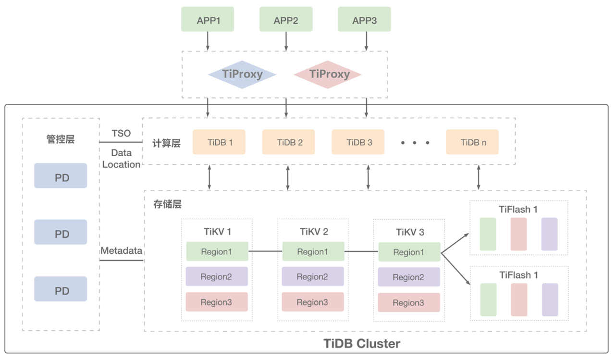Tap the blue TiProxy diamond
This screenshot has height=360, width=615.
[242, 74]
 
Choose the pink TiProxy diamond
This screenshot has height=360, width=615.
[328, 74]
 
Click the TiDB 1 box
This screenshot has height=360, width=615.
[219, 142]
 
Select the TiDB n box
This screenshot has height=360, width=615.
[472, 142]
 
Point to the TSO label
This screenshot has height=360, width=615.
[121, 134]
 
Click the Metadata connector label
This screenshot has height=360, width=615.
[121, 251]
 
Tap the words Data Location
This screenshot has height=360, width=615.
[121, 159]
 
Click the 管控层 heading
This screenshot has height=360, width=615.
[61, 139]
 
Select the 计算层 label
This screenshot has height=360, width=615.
[166, 143]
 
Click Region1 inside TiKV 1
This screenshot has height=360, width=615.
[217, 252]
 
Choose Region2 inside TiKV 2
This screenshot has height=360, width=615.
[312, 277]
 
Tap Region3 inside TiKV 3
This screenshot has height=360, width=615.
[408, 303]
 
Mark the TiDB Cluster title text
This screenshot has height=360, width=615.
[361, 344]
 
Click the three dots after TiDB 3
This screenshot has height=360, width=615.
[415, 143]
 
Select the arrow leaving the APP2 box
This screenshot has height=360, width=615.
[286, 41]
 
